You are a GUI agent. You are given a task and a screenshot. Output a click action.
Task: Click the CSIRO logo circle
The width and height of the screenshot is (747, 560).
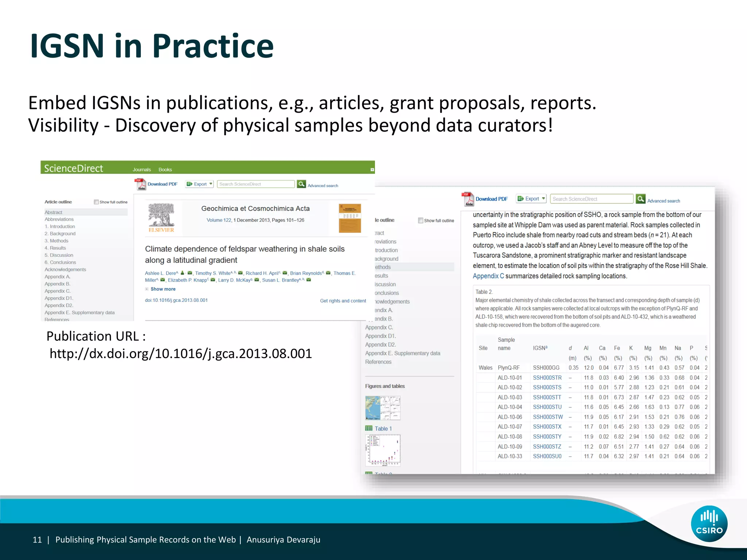pyautogui.click(x=709, y=524)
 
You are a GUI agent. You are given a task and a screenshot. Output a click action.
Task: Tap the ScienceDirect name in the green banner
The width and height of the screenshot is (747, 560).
pyautogui.click(x=73, y=168)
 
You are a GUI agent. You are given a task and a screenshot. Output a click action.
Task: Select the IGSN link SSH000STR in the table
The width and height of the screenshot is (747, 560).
pyautogui.click(x=547, y=378)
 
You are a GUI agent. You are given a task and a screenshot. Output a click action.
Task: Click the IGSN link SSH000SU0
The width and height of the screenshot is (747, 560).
pyautogui.click(x=547, y=456)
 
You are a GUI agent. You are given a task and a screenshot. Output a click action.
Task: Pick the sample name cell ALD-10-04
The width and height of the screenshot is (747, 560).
pyautogui.click(x=510, y=407)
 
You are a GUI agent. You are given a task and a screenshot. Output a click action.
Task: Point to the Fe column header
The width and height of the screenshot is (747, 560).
pyautogui.click(x=617, y=348)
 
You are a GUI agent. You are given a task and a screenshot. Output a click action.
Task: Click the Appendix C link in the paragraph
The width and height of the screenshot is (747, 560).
pyautogui.click(x=488, y=276)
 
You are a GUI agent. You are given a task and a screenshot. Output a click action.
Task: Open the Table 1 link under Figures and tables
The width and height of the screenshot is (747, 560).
pyautogui.click(x=383, y=429)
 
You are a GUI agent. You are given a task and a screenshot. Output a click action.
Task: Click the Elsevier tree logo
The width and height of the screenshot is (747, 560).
pyautogui.click(x=161, y=218)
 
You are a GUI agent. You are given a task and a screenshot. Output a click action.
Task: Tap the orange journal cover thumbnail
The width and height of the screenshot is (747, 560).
pyautogui.click(x=349, y=218)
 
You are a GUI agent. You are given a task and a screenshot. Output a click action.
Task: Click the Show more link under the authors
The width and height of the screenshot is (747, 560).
pyautogui.click(x=163, y=289)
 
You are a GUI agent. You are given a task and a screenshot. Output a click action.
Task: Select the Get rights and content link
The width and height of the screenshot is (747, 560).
pyautogui.click(x=343, y=301)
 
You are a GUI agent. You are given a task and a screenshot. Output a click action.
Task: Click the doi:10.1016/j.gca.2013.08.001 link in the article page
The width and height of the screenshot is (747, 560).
pyautogui.click(x=176, y=300)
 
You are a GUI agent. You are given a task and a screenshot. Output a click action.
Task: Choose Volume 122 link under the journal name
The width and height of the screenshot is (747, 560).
pyautogui.click(x=219, y=220)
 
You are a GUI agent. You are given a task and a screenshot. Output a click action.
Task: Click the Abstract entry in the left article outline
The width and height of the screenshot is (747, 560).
pyautogui.click(x=54, y=212)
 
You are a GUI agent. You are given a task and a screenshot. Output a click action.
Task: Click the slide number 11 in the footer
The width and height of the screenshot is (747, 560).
pyautogui.click(x=37, y=540)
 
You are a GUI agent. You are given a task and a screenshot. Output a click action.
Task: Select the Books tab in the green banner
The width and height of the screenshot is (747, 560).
pyautogui.click(x=165, y=170)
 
